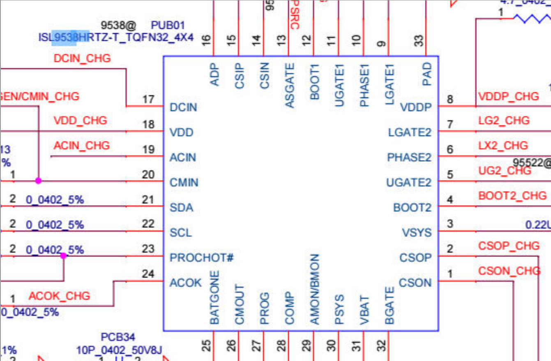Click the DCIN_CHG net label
tap(82, 58)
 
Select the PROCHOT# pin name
tap(202, 258)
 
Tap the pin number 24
tap(148, 273)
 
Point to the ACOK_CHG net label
tap(59, 296)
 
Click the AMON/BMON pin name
tap(314, 289)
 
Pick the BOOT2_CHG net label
tap(512, 195)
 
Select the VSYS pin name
tap(417, 233)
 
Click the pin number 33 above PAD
tap(418, 41)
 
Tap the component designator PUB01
tap(168, 25)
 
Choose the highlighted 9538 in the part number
tap(66, 37)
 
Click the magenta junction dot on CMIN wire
tap(38, 180)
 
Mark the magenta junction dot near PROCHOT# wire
tap(63, 256)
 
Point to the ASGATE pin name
tap(290, 86)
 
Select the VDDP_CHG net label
tap(509, 96)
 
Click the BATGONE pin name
tap(214, 298)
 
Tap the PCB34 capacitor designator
tap(118, 338)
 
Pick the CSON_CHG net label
tap(509, 271)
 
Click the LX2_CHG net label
tap(503, 146)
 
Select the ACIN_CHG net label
tap(82, 146)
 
